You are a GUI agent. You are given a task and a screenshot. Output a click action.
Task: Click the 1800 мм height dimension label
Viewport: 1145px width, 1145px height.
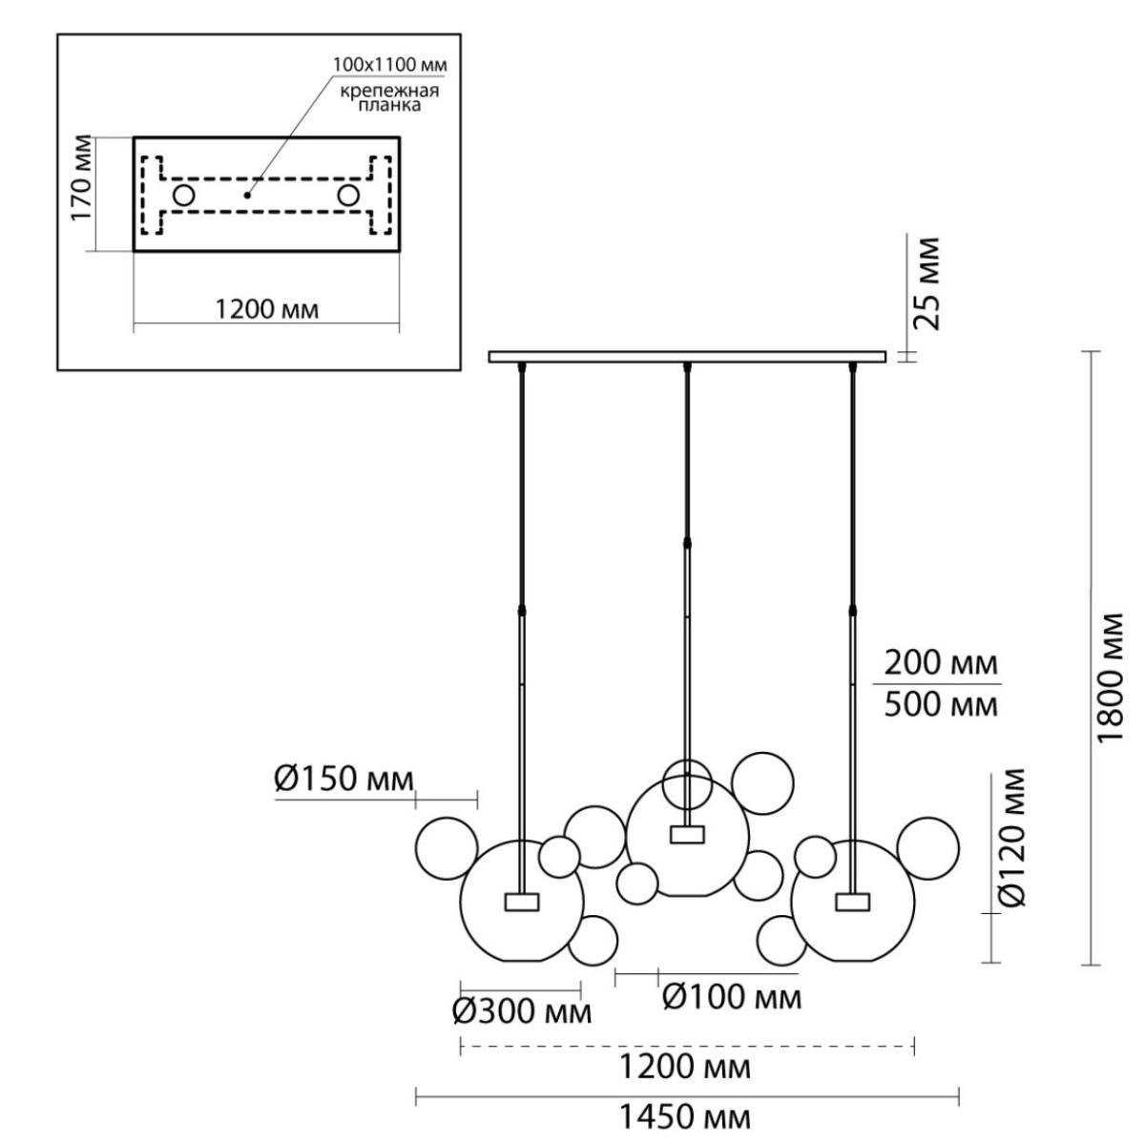click(1110, 677)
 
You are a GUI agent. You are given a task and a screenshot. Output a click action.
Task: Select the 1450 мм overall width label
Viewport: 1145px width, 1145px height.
click(685, 1117)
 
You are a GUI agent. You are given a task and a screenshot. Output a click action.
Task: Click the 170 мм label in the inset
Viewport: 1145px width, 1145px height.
click(83, 178)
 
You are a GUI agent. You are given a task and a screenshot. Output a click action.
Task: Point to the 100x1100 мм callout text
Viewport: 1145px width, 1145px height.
click(390, 64)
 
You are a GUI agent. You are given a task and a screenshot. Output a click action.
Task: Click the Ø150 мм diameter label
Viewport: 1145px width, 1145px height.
click(344, 779)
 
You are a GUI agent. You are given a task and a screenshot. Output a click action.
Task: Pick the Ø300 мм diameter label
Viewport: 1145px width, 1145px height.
click(522, 1012)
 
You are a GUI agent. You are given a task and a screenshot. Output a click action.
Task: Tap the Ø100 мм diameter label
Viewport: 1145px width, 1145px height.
click(732, 996)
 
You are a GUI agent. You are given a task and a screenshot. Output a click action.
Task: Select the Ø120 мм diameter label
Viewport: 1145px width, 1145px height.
click(1012, 838)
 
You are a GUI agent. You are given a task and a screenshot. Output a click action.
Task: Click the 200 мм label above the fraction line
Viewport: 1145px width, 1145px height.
click(941, 662)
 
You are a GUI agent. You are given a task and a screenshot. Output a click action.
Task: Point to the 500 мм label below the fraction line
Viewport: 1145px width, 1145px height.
click(941, 705)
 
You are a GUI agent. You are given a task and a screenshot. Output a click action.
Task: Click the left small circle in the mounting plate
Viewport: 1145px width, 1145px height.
click(183, 195)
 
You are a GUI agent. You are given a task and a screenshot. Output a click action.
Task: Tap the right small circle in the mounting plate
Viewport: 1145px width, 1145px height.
click(348, 195)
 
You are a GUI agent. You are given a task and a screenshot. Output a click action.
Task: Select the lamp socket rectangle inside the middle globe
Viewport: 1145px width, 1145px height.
click(687, 834)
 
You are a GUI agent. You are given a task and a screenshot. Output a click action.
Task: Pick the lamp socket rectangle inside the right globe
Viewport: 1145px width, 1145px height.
click(853, 901)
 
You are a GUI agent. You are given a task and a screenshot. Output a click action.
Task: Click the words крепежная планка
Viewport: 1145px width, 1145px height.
click(389, 98)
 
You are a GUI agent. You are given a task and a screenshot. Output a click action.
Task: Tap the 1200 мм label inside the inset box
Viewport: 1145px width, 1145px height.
click(266, 309)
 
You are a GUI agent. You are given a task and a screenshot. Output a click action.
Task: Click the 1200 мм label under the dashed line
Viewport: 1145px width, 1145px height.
click(685, 1067)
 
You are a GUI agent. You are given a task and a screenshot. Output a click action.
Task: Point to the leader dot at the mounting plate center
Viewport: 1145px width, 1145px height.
click(247, 195)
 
